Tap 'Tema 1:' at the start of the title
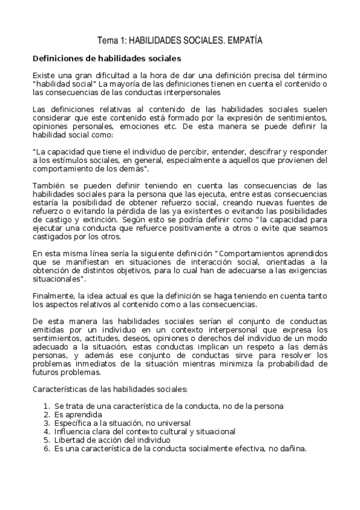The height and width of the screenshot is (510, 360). point(111,41)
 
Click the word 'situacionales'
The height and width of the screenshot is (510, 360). point(58,280)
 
